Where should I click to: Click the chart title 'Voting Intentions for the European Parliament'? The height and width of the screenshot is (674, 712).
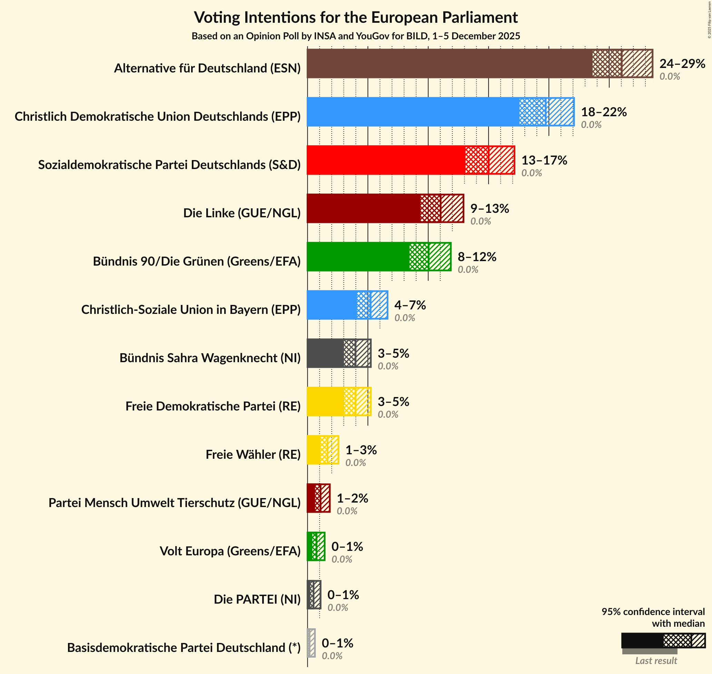356,17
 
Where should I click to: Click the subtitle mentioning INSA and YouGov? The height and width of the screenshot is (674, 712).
356,36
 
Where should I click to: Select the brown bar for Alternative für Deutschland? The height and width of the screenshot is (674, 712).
449,63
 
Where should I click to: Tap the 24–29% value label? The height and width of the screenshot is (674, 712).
682,63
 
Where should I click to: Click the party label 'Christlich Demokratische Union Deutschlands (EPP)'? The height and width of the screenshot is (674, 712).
157,116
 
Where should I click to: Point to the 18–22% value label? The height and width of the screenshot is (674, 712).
604,112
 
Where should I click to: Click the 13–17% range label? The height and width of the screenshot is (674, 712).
544,160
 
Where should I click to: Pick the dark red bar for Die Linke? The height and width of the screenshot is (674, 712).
363,208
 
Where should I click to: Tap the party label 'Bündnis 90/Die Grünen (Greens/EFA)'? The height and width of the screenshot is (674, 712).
197,261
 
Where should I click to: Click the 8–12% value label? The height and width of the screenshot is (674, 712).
477,257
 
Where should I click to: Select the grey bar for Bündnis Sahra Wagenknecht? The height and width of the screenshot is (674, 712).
325,353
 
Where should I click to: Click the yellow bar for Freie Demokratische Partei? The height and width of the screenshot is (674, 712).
325,402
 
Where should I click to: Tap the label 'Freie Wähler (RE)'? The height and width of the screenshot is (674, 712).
253,455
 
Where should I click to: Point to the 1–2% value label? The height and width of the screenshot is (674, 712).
352,498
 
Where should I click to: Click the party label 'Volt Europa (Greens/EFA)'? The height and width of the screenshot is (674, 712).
230,551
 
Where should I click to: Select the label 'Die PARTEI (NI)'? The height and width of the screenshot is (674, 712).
257,599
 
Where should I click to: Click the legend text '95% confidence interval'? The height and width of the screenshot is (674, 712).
653,612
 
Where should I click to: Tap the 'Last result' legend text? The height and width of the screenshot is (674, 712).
656,660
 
